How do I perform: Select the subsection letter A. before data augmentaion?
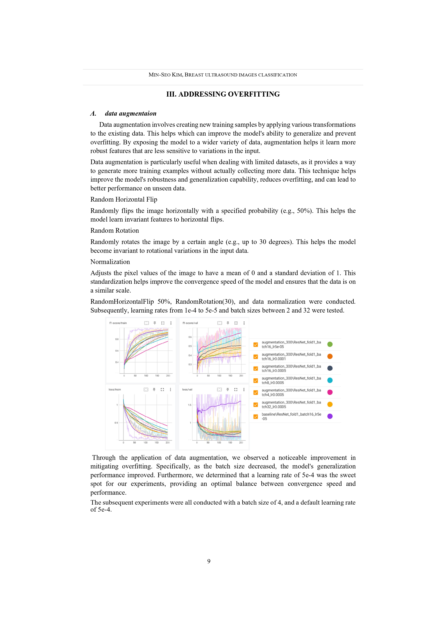93,113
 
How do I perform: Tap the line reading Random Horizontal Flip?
124,200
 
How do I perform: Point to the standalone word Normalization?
110,262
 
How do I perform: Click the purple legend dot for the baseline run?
330,416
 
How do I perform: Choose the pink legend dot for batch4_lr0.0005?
330,392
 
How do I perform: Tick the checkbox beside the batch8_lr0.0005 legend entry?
256,381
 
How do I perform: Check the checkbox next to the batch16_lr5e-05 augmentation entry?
256,345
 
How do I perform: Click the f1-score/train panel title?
118,323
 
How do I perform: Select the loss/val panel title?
187,390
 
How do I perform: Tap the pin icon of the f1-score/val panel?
228,323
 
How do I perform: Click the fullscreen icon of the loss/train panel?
162,390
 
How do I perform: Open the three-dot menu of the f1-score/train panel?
171,323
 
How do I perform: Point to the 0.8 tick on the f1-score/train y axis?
117,339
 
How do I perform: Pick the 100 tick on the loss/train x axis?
145,443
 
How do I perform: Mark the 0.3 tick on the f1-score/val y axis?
190,365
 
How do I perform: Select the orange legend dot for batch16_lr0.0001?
330,356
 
